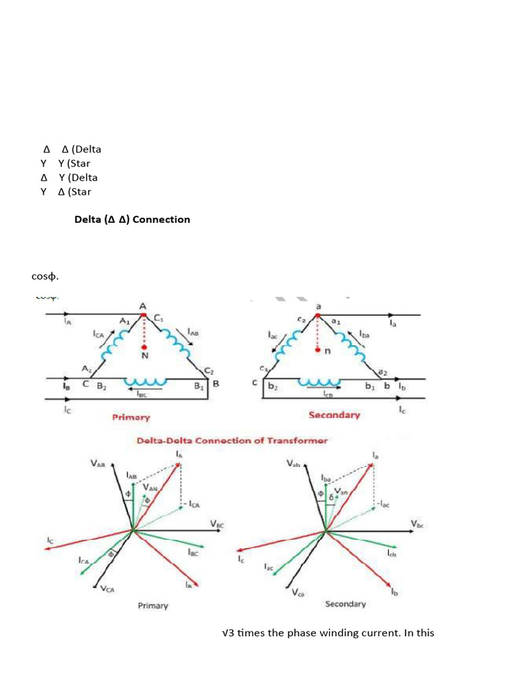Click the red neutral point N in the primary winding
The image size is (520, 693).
[144, 346]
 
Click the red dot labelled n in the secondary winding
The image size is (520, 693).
[318, 351]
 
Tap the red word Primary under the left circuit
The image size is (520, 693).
[131, 418]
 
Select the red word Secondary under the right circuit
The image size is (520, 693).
[334, 415]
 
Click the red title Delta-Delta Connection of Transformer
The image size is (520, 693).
[232, 441]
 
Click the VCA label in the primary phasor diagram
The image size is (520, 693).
[108, 589]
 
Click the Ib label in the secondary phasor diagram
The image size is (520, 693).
[395, 592]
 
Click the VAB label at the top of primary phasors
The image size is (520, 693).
[98, 464]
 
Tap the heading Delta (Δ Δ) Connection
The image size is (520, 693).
[132, 219]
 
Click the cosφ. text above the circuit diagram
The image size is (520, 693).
[45, 277]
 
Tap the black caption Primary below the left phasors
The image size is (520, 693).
[153, 606]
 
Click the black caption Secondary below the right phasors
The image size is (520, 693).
[345, 604]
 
